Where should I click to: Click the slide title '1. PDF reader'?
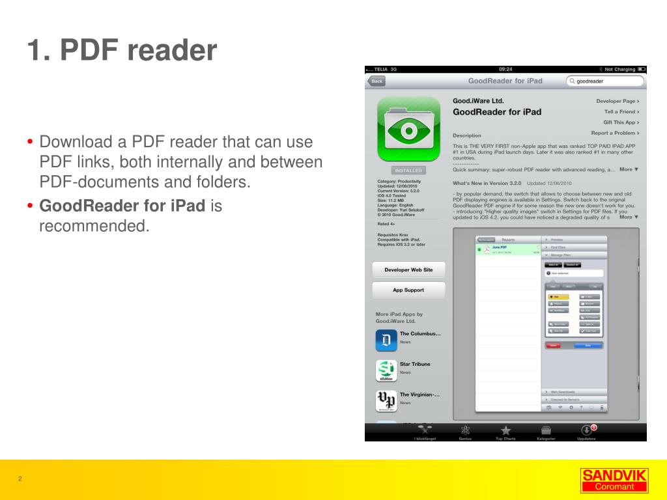[122, 51]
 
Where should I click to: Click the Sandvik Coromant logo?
[614, 480]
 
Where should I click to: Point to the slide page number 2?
[20, 479]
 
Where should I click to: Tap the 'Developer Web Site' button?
[408, 270]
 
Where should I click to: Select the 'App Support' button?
[408, 290]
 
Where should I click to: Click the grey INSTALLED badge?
[408, 171]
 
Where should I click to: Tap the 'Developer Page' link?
[617, 102]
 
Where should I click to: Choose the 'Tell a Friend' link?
[621, 112]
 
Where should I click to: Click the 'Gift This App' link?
[621, 122]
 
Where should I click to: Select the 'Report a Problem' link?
[614, 133]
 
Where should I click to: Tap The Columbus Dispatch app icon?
[386, 340]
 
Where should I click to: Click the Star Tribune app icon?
[386, 370]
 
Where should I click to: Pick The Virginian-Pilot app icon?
[386, 400]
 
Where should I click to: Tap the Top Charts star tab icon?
[505, 430]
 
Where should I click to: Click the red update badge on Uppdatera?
[593, 427]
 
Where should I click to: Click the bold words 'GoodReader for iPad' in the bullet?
[122, 207]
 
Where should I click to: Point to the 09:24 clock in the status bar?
[505, 69]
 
